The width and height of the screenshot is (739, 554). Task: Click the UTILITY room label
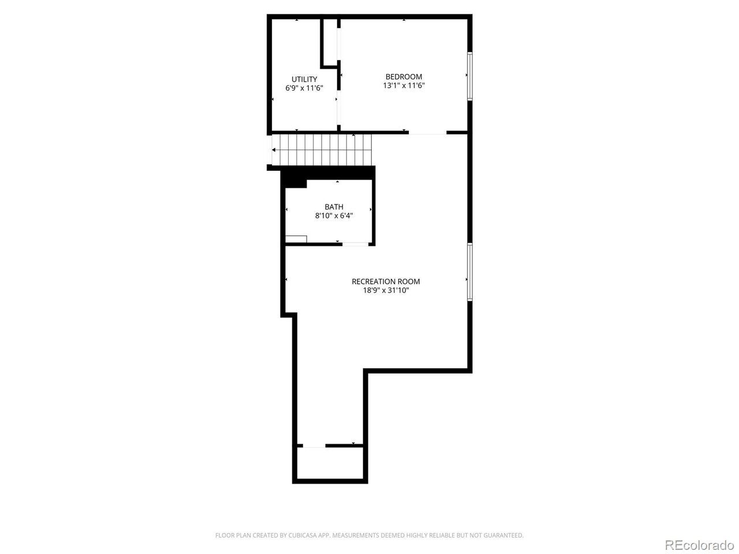coord(304,80)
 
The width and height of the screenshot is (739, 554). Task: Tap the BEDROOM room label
coord(404,77)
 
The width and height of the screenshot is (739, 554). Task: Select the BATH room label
coord(334,207)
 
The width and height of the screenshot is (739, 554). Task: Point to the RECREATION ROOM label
coord(386,282)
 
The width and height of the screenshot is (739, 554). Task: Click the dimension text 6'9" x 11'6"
coord(304,88)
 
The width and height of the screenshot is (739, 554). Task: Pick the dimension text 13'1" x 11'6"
coord(404,85)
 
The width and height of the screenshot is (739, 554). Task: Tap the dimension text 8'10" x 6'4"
coord(334,216)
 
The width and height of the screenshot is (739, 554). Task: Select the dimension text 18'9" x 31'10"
coord(386,290)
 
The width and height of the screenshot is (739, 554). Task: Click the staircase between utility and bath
coord(322,150)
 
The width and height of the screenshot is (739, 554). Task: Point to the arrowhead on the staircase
coord(274,150)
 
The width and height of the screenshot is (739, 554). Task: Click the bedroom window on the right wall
coord(470,76)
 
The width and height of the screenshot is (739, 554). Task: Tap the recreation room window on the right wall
coord(470,272)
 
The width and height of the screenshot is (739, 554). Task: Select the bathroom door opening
coord(356,244)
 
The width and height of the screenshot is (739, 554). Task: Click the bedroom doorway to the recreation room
coord(428,133)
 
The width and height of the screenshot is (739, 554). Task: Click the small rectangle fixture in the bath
coord(296,239)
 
